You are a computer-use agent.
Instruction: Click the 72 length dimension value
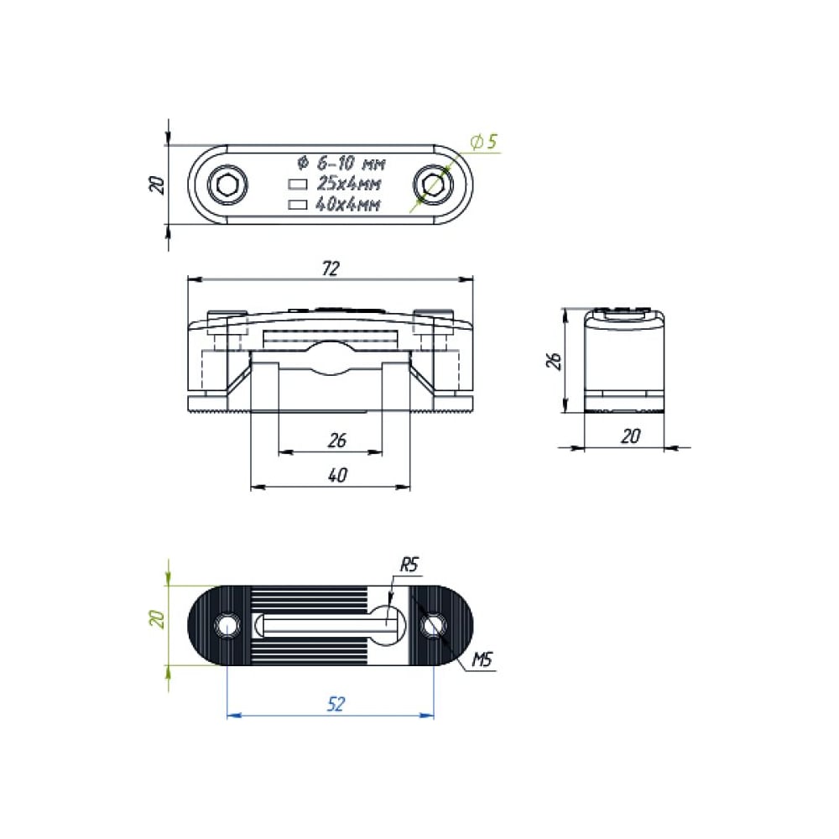pyautogui.click(x=331, y=268)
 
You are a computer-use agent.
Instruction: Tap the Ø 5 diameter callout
pyautogui.click(x=484, y=142)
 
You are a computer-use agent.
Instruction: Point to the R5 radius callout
pyautogui.click(x=409, y=565)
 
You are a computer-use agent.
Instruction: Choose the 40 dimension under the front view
pyautogui.click(x=337, y=475)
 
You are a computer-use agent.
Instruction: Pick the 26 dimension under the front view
pyautogui.click(x=337, y=440)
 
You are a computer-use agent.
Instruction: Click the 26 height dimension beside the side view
pyautogui.click(x=552, y=361)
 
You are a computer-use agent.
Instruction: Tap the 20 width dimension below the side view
pyautogui.click(x=631, y=435)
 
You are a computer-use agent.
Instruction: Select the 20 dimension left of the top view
pyautogui.click(x=156, y=185)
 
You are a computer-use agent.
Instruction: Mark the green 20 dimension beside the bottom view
pyautogui.click(x=156, y=620)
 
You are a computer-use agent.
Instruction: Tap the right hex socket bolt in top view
pyautogui.click(x=434, y=185)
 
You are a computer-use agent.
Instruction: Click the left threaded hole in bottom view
pyautogui.click(x=227, y=625)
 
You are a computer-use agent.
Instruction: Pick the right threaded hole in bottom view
pyautogui.click(x=434, y=625)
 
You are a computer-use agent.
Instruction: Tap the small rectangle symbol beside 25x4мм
pyautogui.click(x=298, y=184)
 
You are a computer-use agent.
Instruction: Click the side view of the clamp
pyautogui.click(x=625, y=361)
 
